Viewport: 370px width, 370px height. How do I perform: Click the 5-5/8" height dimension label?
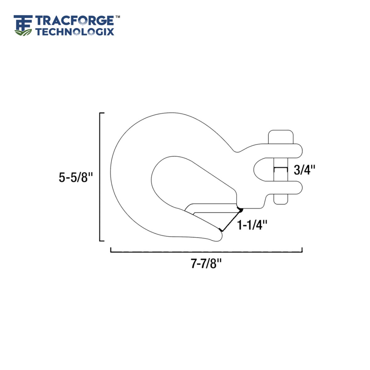pos(76,177)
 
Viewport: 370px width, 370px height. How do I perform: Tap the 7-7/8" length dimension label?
pos(206,264)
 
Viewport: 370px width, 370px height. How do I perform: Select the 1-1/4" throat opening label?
pos(252,225)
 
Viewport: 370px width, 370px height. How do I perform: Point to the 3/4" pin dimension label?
pos(304,170)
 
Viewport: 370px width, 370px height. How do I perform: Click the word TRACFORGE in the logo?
pos(75,21)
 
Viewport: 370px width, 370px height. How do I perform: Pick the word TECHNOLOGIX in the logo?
pos(75,31)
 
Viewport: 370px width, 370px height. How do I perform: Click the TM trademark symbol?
pos(117,16)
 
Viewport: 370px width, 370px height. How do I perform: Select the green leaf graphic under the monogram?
pos(23,32)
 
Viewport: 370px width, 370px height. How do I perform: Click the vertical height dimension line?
pos(100,177)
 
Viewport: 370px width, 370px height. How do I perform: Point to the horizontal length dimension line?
pos(206,252)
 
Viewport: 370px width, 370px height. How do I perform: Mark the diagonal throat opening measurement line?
pos(231,220)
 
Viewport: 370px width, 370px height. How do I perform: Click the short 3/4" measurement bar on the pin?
pos(281,168)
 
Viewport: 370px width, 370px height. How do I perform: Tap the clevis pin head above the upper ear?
pos(281,136)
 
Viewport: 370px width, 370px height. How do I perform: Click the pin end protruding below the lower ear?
pos(281,199)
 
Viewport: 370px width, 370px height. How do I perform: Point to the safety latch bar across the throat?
pos(213,208)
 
